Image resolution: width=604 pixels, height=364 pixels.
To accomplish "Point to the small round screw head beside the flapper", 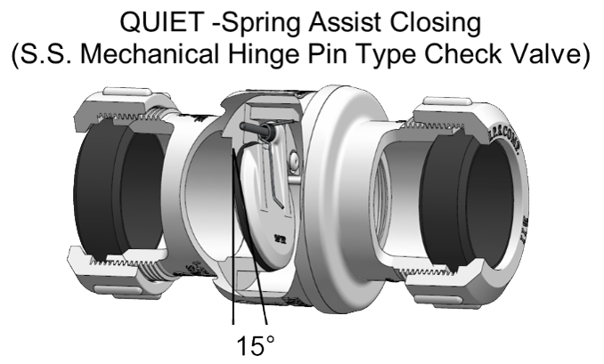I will (295, 160).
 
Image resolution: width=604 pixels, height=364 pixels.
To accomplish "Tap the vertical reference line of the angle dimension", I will (233, 267).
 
